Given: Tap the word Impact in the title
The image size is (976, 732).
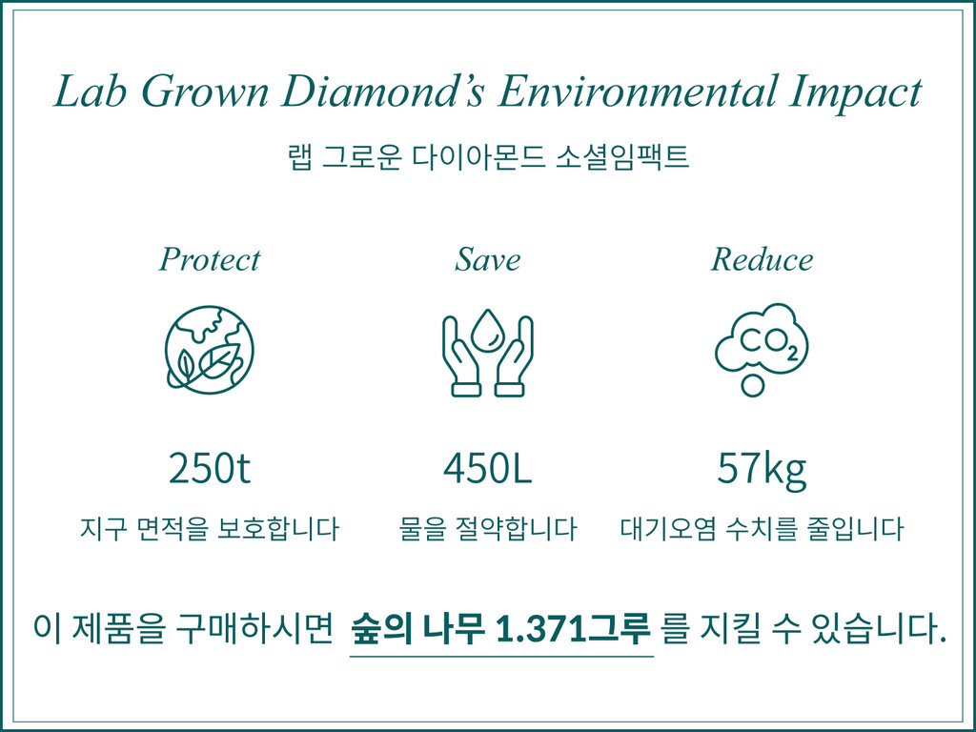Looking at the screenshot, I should pyautogui.click(x=856, y=92).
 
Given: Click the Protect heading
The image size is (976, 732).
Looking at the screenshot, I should pyautogui.click(x=209, y=259).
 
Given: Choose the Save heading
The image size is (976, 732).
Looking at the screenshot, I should pyautogui.click(x=488, y=259).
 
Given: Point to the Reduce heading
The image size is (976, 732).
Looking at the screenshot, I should pyautogui.click(x=762, y=259).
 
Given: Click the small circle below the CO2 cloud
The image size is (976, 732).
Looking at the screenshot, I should pyautogui.click(x=753, y=386).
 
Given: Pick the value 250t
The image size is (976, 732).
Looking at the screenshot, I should pyautogui.click(x=209, y=469).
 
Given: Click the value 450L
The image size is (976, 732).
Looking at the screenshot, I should pyautogui.click(x=487, y=469).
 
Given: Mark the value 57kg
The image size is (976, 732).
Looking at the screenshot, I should pyautogui.click(x=762, y=469).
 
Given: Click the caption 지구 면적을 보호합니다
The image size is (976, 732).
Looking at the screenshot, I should pyautogui.click(x=209, y=529).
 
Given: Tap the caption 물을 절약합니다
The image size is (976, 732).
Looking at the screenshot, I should pyautogui.click(x=487, y=529).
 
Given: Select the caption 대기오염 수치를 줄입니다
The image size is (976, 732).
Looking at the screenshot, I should pyautogui.click(x=762, y=529).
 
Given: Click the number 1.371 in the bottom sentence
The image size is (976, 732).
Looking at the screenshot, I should pyautogui.click(x=534, y=629).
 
